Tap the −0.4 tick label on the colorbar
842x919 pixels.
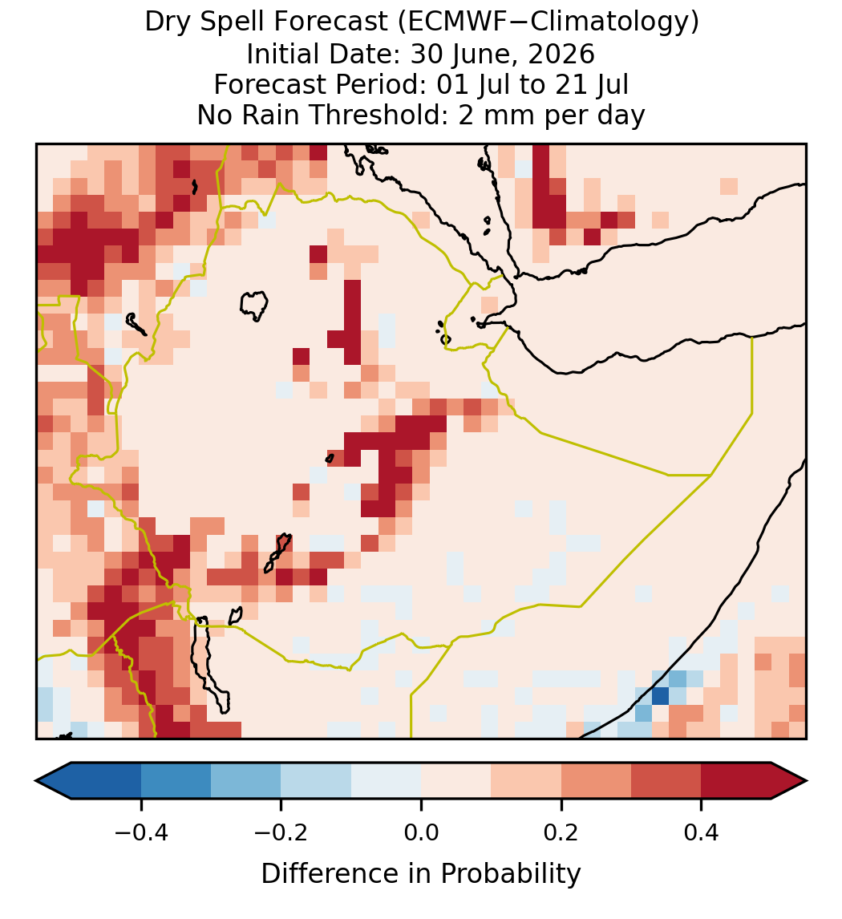tap(141, 832)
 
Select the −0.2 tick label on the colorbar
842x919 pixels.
tap(281, 832)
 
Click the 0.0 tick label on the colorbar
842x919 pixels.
tap(421, 832)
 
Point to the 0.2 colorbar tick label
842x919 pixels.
tap(561, 832)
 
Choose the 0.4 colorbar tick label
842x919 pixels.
tap(702, 832)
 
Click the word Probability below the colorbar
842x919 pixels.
tap(510, 874)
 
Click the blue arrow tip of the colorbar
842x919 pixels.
tap(38, 781)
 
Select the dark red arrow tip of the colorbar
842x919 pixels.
tap(806, 781)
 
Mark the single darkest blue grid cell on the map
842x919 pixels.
tap(660, 696)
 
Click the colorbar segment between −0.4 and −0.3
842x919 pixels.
tap(176, 781)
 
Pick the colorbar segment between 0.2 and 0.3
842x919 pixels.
tap(596, 781)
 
